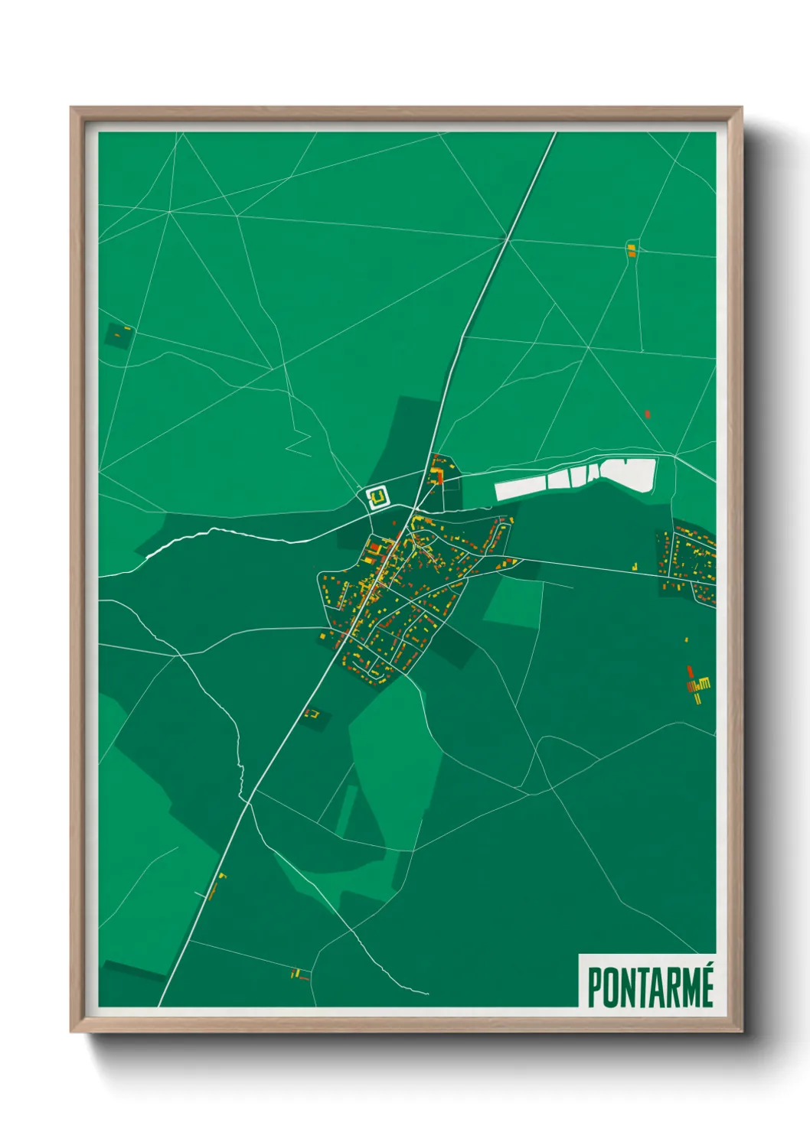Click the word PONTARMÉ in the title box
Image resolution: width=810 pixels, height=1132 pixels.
650,987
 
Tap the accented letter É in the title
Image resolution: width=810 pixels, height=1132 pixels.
705,986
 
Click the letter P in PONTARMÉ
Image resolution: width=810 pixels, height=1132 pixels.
595,988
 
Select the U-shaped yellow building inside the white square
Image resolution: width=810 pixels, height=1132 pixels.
377,499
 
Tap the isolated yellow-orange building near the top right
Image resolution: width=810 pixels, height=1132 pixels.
632,249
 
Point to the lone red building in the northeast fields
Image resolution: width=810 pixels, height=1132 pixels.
648,415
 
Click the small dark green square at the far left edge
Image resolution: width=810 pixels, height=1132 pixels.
118,335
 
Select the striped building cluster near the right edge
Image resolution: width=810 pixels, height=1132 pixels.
697,683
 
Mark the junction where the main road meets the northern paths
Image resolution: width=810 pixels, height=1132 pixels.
507,240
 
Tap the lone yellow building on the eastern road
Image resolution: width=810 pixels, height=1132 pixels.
635,566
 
